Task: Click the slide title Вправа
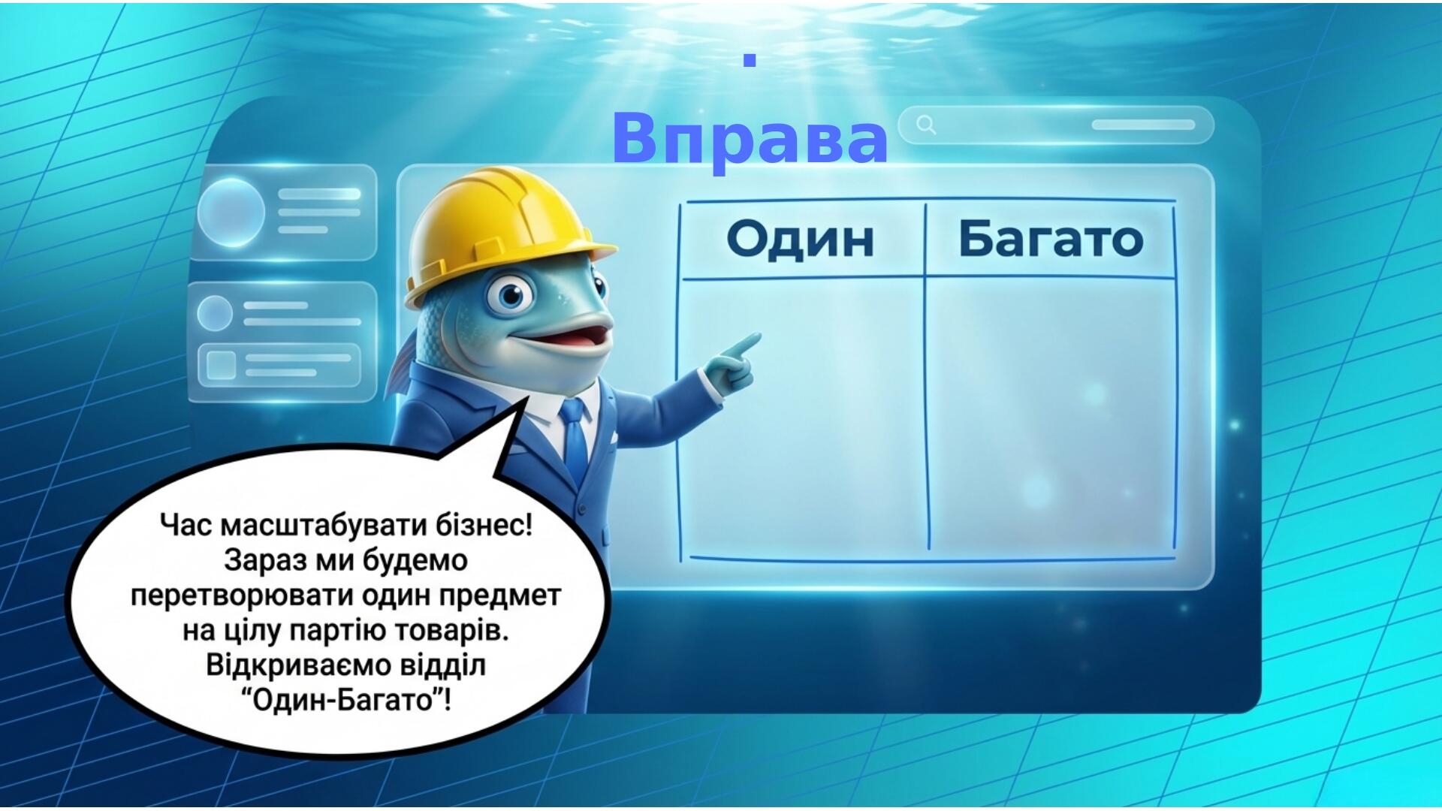[x=750, y=139]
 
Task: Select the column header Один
[x=801, y=239]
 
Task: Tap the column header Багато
[x=1051, y=239]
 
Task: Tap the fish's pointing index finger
[x=744, y=344]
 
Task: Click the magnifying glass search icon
[x=927, y=125]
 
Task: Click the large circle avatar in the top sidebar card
[x=231, y=213]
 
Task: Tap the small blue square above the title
[x=749, y=60]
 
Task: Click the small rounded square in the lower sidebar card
[x=222, y=364]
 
